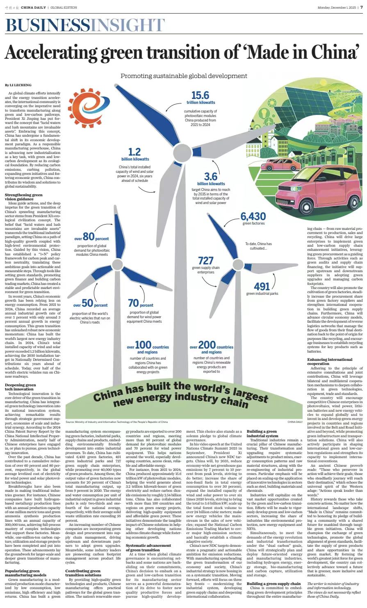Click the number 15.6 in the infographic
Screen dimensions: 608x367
201,95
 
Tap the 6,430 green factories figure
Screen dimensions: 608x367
253,216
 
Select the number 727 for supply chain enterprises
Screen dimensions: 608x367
205,261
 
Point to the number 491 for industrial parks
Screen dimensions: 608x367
262,286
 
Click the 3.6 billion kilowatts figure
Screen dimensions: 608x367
211,177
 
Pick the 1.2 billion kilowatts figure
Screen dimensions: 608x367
135,152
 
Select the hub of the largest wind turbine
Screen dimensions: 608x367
181,153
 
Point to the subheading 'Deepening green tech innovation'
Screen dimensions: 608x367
21,387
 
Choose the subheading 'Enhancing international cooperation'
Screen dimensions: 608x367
324,362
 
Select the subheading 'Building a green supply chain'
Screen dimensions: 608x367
274,583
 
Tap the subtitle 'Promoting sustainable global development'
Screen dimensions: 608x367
184,76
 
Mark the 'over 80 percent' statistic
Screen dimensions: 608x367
91,237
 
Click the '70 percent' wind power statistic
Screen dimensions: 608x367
141,303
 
